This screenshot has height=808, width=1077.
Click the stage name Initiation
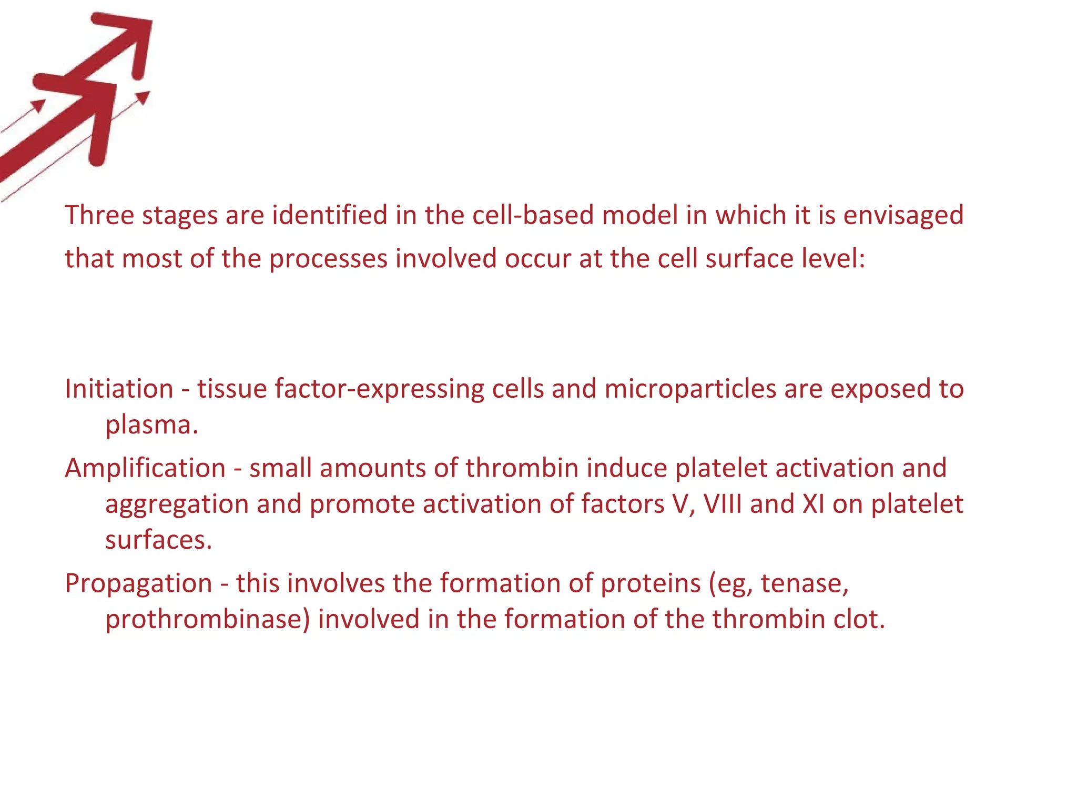pyautogui.click(x=119, y=389)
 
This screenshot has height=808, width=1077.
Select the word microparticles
pyautogui.click(x=690, y=389)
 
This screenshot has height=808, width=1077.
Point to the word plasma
pyautogui.click(x=151, y=425)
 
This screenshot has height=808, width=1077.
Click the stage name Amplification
pyautogui.click(x=145, y=468)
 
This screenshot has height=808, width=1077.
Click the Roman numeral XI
pyautogui.click(x=814, y=504)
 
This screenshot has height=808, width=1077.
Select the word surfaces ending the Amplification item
pyautogui.click(x=158, y=540)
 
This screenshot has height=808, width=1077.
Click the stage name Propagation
pyautogui.click(x=138, y=583)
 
